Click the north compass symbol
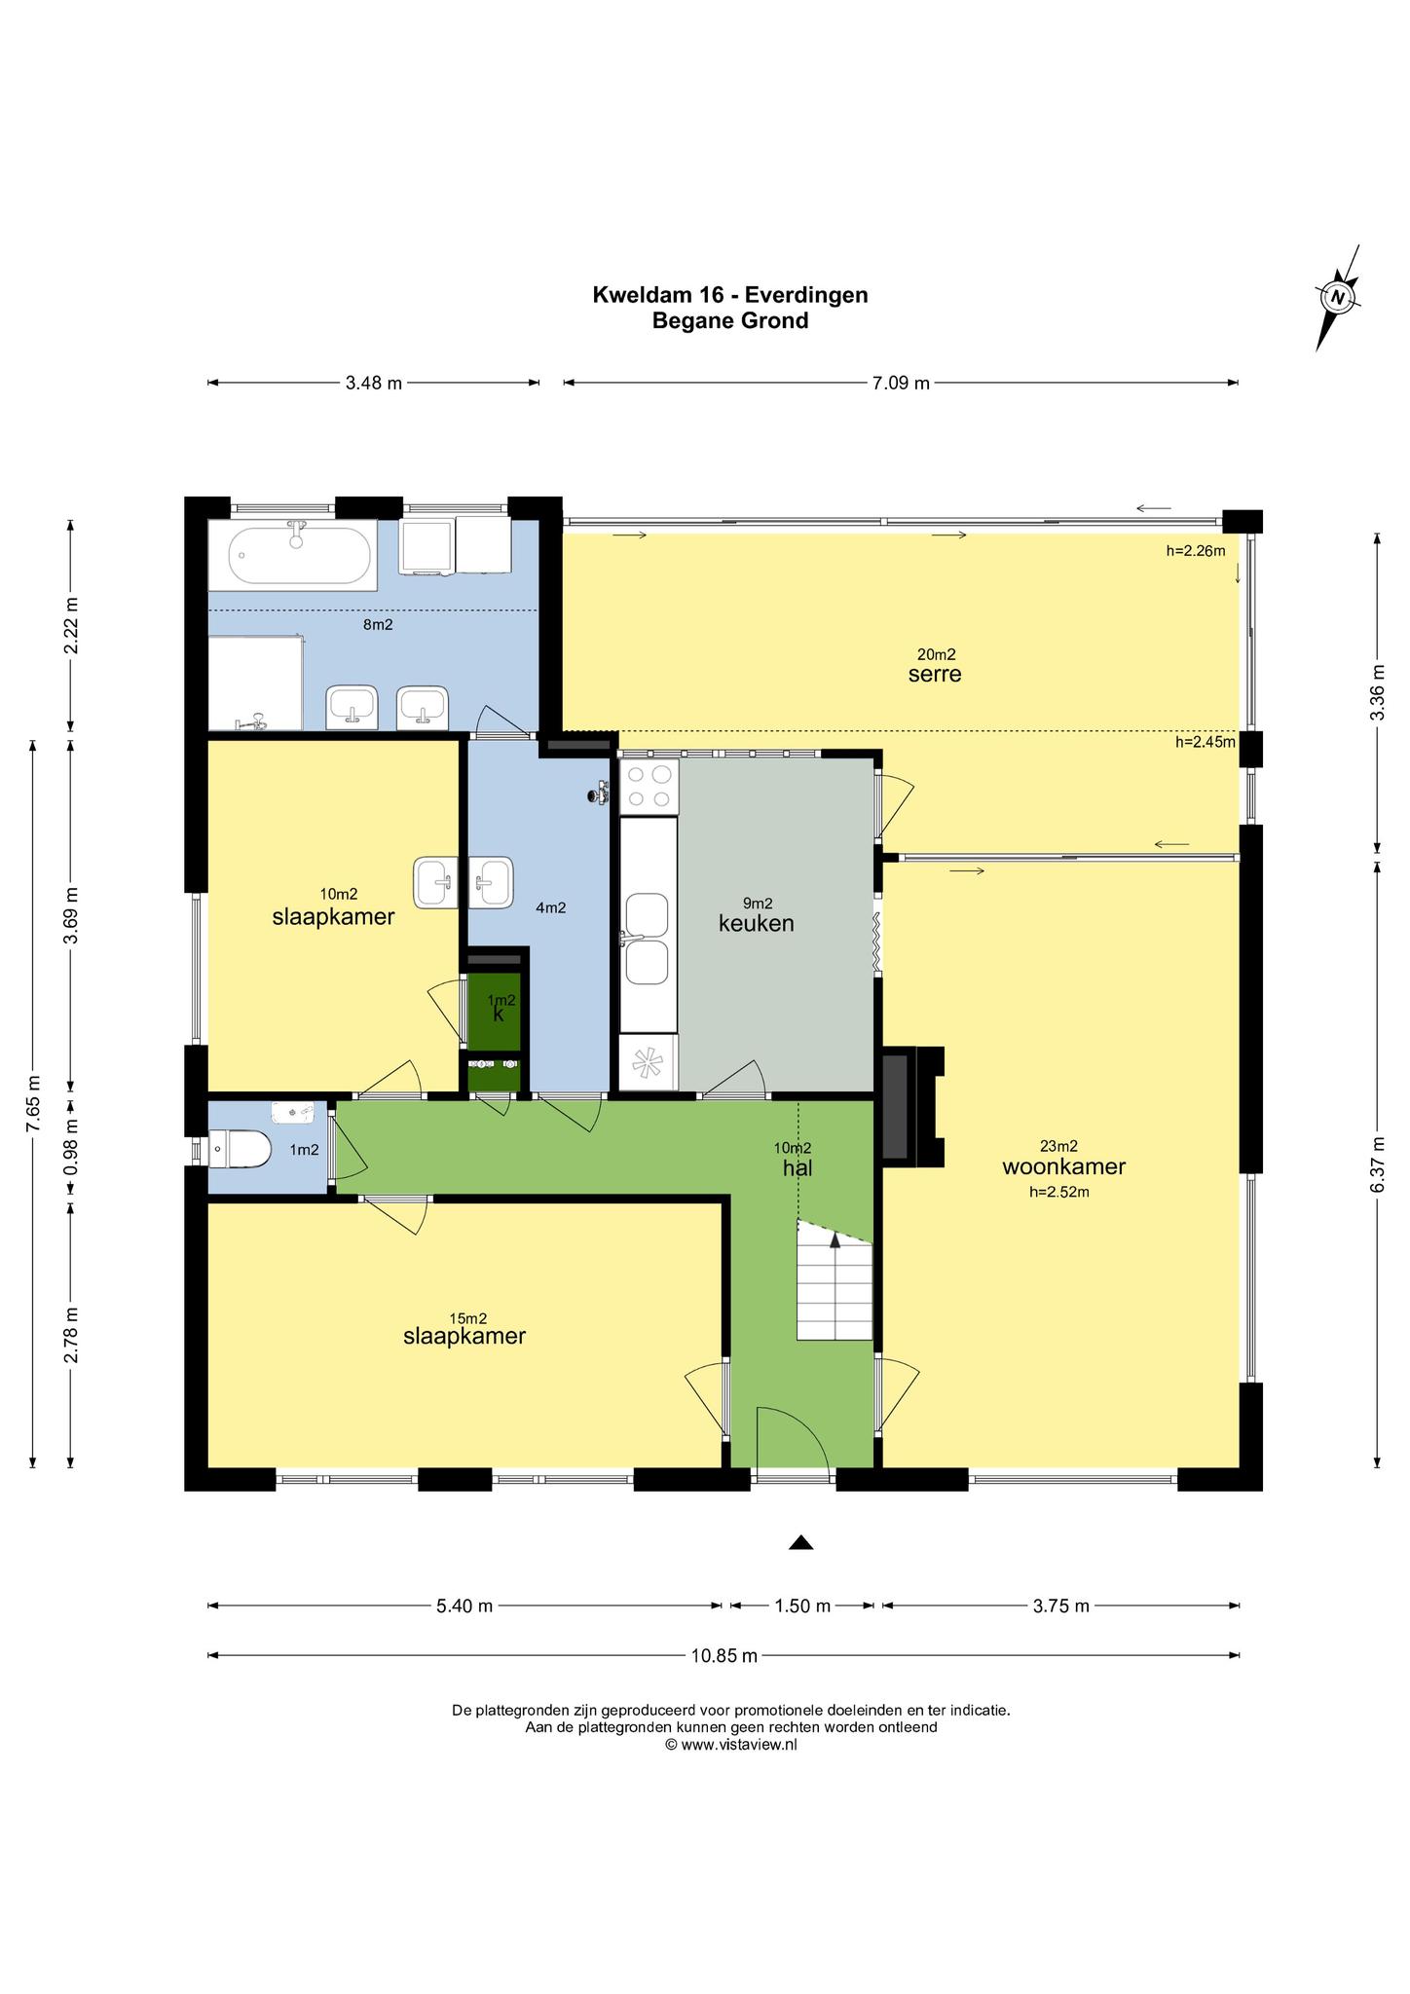coord(1337,298)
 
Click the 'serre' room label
coord(935,674)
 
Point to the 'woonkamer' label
coord(1064,1166)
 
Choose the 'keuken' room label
coord(757,923)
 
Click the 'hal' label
coord(798,1167)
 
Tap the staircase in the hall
coord(835,1278)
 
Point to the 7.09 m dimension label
coord(901,383)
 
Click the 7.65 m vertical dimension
coord(33,1103)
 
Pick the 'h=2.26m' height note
coord(1196,550)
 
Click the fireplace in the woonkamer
coord(912,1106)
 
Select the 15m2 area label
coord(467,1318)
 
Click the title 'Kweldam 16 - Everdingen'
coord(730,294)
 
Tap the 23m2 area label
coord(1058,1146)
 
